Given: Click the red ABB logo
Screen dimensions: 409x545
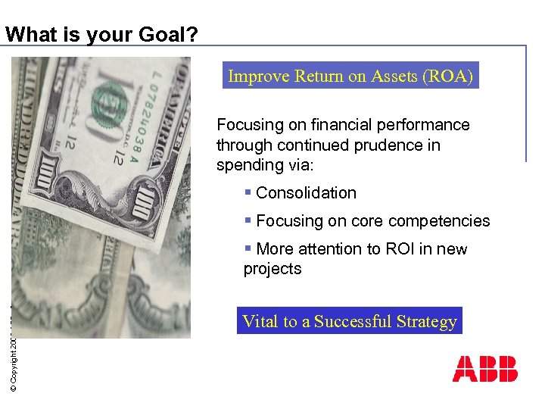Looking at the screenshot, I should pos(485,369).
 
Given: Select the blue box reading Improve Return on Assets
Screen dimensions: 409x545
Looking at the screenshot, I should pos(350,76).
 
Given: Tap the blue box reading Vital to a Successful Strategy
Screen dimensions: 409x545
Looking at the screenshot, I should pos(349,321).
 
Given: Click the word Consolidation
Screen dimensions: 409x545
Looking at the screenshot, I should pos(306,193).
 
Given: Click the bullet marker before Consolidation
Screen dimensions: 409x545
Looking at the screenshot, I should pos(248,192).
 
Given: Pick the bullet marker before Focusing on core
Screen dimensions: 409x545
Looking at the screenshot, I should pos(248,220).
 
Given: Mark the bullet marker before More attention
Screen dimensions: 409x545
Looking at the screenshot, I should pos(248,248).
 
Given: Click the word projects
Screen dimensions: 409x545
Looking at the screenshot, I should pos(272,269).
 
